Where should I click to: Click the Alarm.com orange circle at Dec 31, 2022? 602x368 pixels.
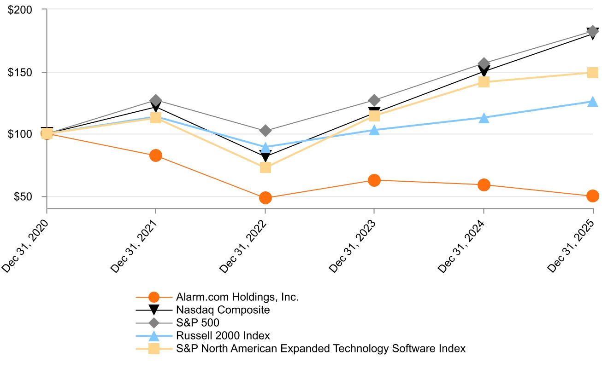coord(265,198)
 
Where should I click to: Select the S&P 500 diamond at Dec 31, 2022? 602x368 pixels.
coord(265,131)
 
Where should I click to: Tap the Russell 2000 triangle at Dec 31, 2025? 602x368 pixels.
coord(593,102)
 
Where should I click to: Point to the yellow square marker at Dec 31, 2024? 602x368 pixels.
coord(484,82)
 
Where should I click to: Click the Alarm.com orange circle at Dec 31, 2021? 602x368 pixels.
coord(156,155)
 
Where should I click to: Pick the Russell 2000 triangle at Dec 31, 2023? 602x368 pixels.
coord(374,130)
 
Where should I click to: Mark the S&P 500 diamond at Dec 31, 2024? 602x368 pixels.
coord(484,63)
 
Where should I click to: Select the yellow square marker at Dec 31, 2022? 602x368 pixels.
coord(265,167)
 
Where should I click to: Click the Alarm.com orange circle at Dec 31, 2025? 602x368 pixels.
coord(593,196)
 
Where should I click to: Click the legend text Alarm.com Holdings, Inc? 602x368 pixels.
coord(237,297)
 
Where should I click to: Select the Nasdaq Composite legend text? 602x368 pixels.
coord(223,310)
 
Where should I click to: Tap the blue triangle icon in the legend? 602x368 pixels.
coord(154,336)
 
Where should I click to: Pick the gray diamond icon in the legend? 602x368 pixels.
coord(154,323)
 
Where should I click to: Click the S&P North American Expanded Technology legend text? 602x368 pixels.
coord(320,349)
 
